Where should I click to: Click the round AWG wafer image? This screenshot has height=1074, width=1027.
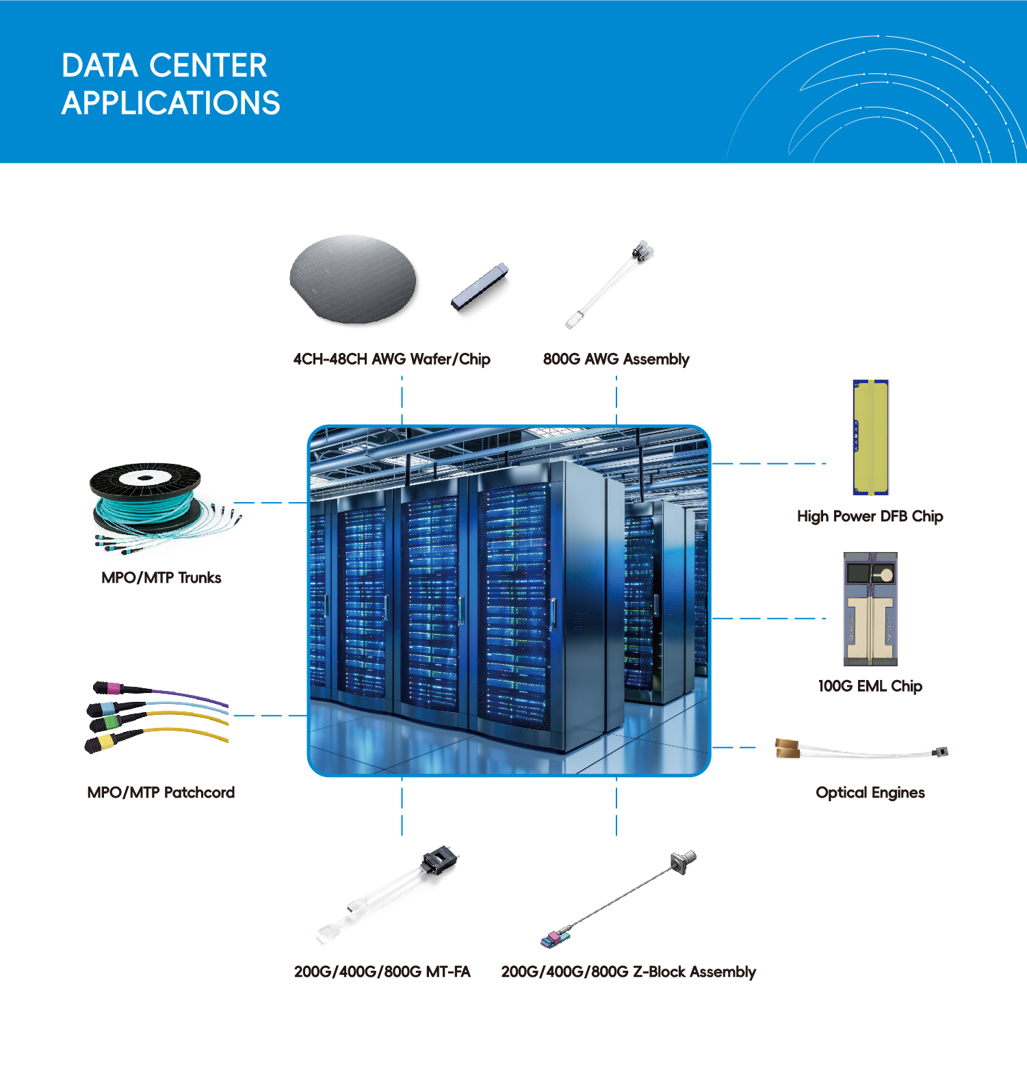coord(352,279)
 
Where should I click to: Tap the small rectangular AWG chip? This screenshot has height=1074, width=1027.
coord(480,287)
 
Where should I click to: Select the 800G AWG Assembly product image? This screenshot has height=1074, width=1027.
coord(610,283)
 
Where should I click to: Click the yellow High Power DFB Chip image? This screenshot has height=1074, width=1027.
coord(870,437)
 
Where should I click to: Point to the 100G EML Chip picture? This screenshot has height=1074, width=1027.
coord(870,609)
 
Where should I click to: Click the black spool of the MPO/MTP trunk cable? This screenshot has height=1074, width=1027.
coord(145,480)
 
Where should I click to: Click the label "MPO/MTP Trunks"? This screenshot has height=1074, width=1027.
coord(161,578)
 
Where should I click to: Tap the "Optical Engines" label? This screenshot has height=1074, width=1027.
coord(870,793)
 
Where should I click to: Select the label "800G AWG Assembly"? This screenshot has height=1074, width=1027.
coord(616,359)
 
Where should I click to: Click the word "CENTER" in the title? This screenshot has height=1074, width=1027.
coord(208,66)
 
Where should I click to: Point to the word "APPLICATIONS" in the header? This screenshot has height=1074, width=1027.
coord(171,103)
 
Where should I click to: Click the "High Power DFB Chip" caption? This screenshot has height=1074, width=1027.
coord(870,516)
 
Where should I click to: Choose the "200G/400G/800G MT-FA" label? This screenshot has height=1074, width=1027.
coord(382,972)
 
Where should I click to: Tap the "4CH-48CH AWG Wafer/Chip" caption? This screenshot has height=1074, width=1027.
coord(392,359)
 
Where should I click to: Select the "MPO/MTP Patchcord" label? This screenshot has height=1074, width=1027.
coord(161,793)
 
